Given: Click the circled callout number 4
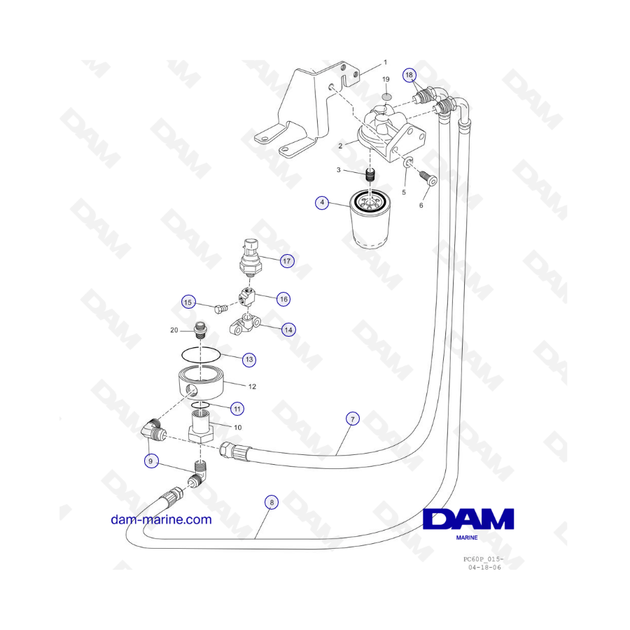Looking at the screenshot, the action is tap(322, 202).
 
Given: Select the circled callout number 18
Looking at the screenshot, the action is tap(409, 75).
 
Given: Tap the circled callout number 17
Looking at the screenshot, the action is tap(286, 261).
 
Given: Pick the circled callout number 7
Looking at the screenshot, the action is tap(353, 419).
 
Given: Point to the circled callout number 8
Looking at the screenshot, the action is tap(272, 502).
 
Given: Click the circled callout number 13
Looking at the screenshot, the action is tap(249, 360).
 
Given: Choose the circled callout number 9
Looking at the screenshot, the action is tap(151, 461).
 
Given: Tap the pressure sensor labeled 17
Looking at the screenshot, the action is tap(250, 258).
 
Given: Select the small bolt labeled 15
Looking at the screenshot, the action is tap(220, 309).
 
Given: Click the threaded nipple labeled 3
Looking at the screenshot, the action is tap(371, 176).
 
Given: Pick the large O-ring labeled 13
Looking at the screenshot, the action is tap(201, 354).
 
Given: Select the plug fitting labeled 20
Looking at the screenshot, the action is tap(200, 330).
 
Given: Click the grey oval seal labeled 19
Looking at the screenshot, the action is tap(386, 97).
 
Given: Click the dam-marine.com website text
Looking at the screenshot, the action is tap(161, 519).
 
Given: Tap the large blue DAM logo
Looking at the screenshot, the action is tap(468, 519).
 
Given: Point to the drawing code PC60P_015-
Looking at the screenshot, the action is tap(483, 559).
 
